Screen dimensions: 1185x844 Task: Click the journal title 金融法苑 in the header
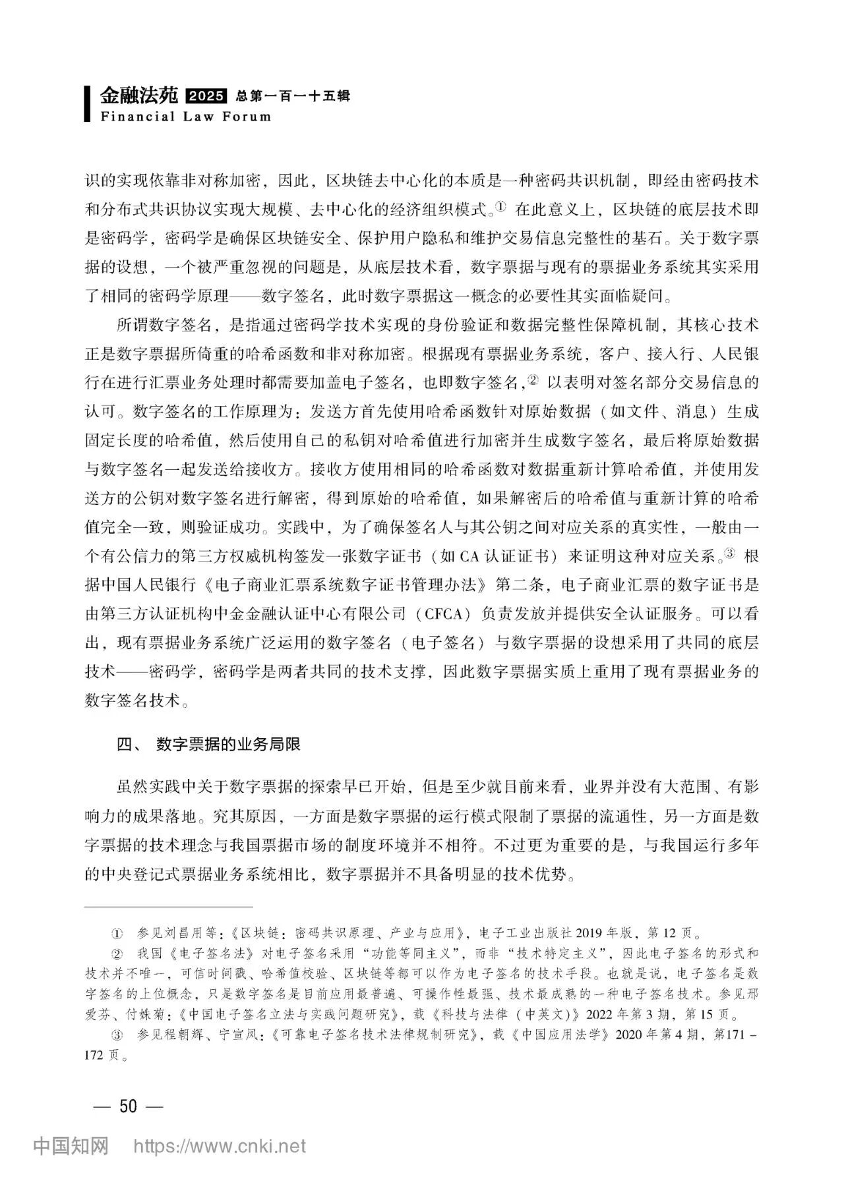(x=139, y=96)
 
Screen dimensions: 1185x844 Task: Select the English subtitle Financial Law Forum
(x=185, y=117)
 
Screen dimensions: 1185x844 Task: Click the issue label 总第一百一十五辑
(x=292, y=97)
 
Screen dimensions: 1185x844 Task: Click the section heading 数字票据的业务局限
(x=228, y=744)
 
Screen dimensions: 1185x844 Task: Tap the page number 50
(x=128, y=1105)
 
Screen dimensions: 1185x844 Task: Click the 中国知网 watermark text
(x=71, y=1146)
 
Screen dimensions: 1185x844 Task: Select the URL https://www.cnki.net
(x=220, y=1146)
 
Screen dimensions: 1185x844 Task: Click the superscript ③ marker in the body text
(x=729, y=553)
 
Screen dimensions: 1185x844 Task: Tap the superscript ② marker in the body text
(x=533, y=380)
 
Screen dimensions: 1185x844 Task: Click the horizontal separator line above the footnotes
(x=169, y=907)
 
